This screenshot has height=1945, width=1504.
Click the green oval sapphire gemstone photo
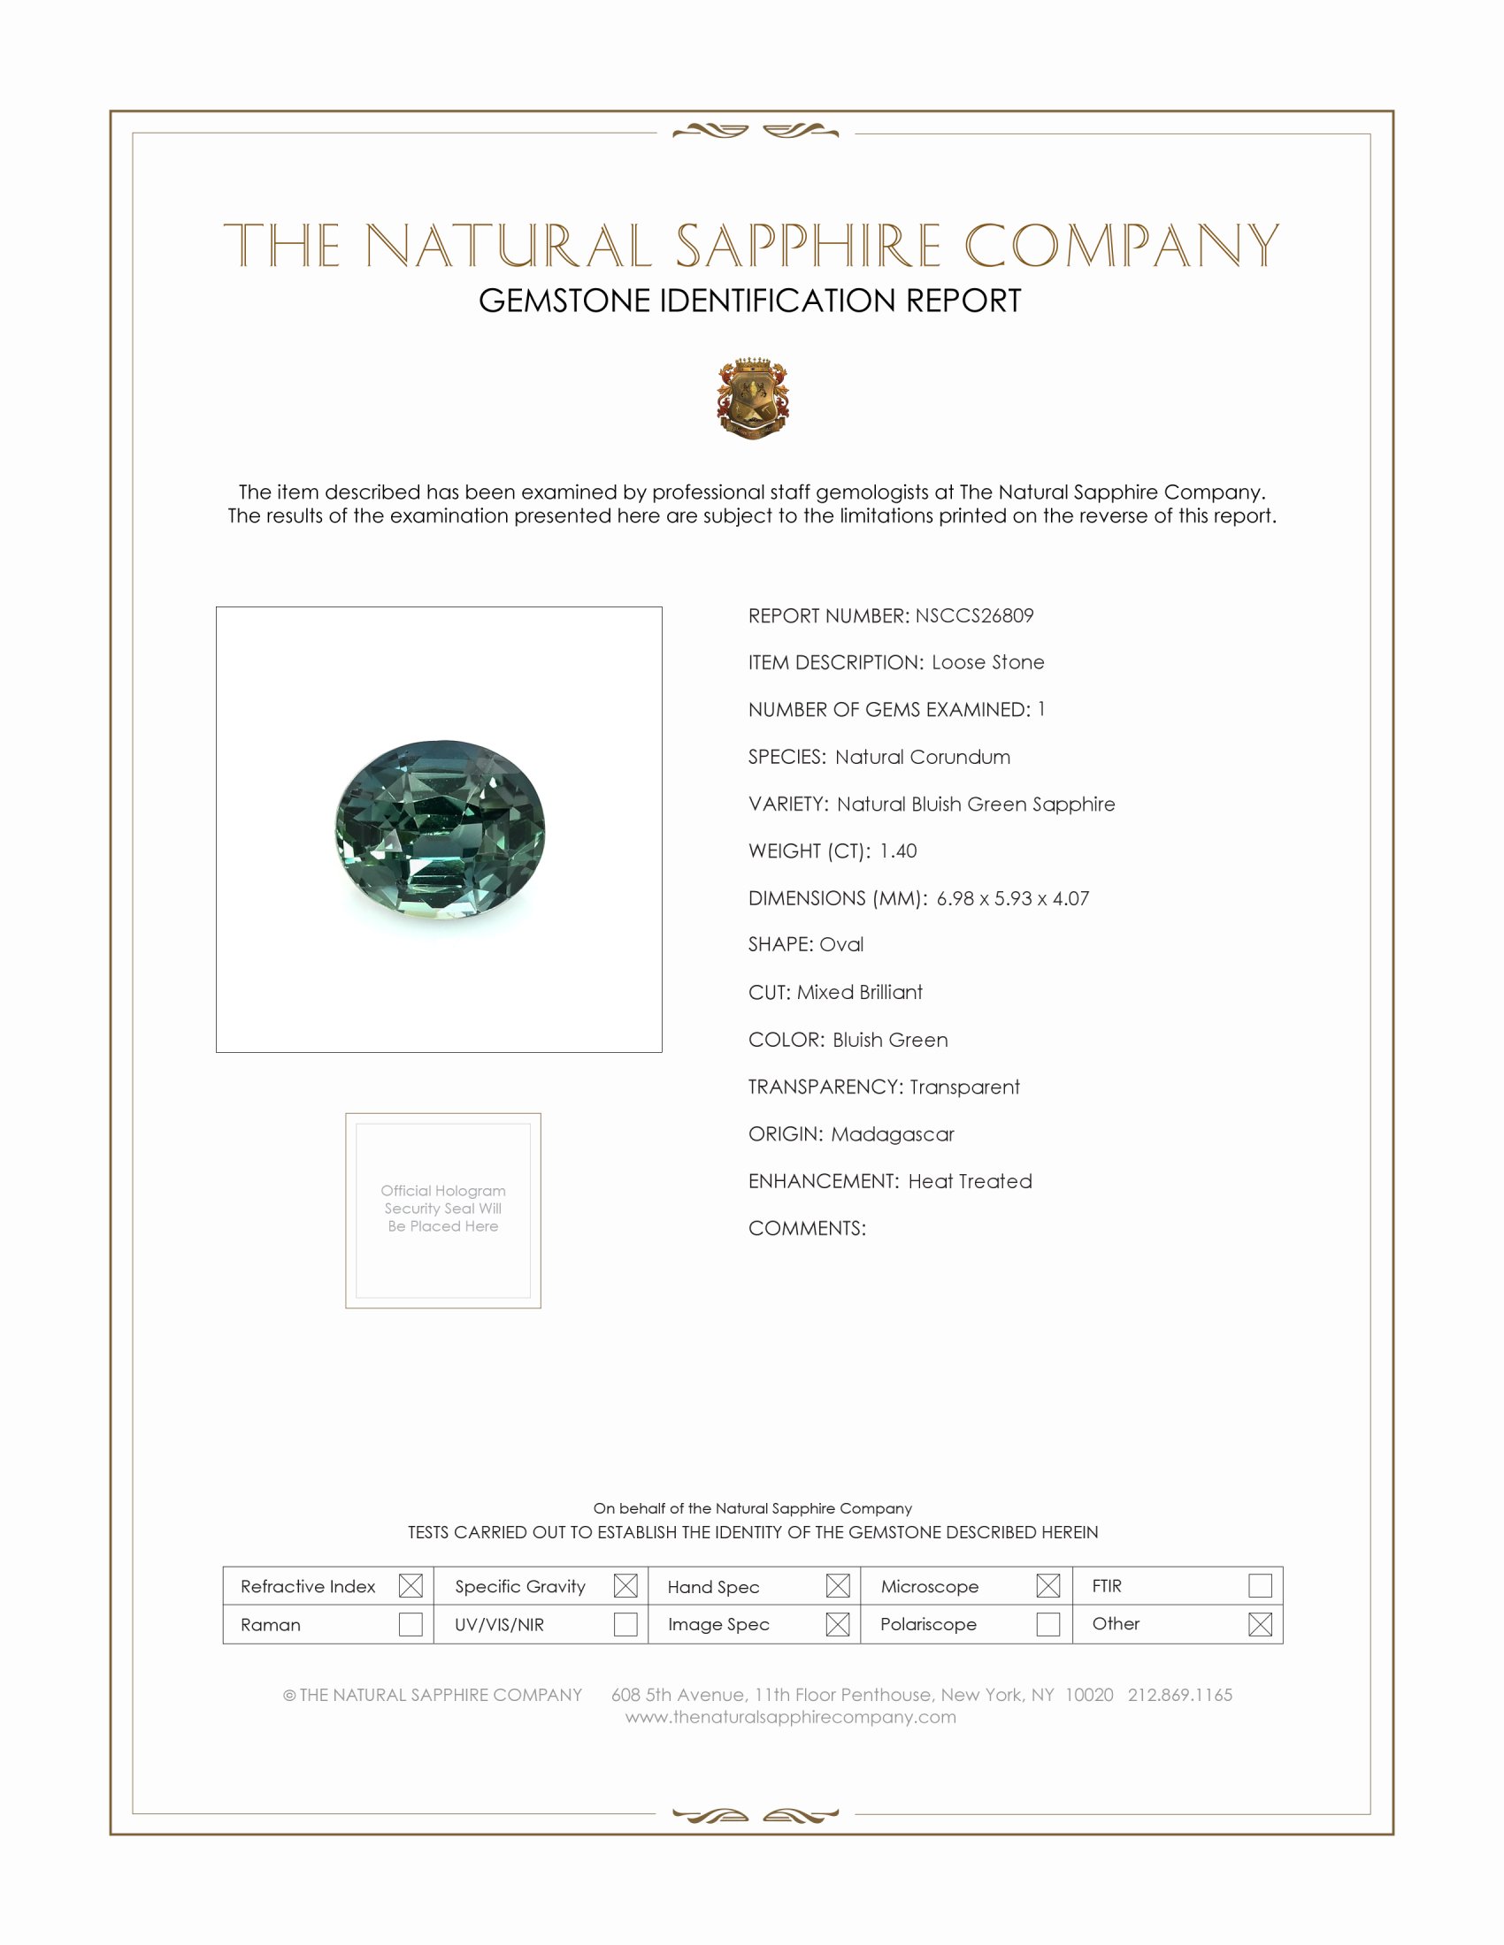point(441,829)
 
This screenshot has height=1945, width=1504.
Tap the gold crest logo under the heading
point(753,398)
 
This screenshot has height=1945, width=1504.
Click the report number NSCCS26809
point(974,615)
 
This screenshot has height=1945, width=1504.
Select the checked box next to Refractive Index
point(411,1585)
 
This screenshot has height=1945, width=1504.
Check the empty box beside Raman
point(411,1623)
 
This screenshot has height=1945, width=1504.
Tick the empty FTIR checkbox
point(1260,1585)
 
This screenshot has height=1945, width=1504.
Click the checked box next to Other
point(1260,1623)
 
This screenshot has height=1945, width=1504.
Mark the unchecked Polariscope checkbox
point(1047,1623)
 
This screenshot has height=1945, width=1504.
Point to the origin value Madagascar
point(892,1133)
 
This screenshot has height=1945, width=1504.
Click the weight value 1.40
point(897,850)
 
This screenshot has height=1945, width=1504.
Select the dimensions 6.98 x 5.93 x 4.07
point(1012,897)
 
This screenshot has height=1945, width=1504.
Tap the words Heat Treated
point(970,1181)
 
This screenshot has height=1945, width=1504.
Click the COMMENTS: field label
point(806,1228)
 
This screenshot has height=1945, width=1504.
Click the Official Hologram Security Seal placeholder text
point(443,1208)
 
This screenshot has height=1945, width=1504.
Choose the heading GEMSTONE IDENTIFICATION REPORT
point(749,301)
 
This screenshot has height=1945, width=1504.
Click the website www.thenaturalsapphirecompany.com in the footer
point(790,1717)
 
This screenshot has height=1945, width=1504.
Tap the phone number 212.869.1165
point(1179,1695)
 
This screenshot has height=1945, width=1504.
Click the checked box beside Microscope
point(1047,1585)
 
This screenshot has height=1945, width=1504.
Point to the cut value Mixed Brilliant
point(859,992)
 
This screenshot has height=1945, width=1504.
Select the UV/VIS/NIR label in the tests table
point(499,1624)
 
